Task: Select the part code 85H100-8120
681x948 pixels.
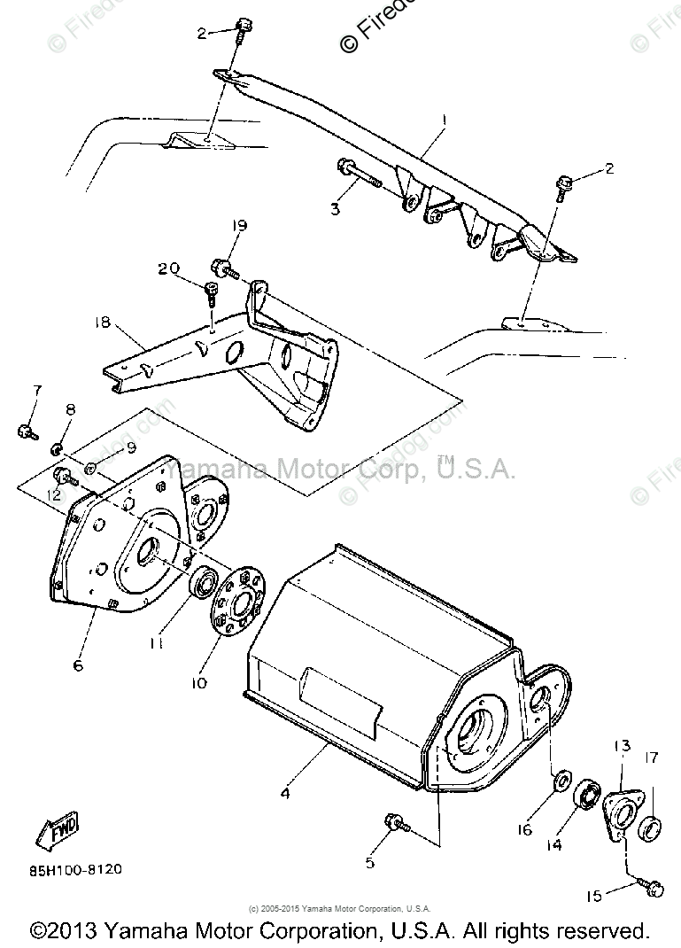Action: (74, 869)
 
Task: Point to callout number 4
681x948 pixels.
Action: (284, 794)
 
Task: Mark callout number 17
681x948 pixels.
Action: (652, 757)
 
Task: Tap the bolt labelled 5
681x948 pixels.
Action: (394, 824)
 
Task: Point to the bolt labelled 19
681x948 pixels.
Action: (222, 267)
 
